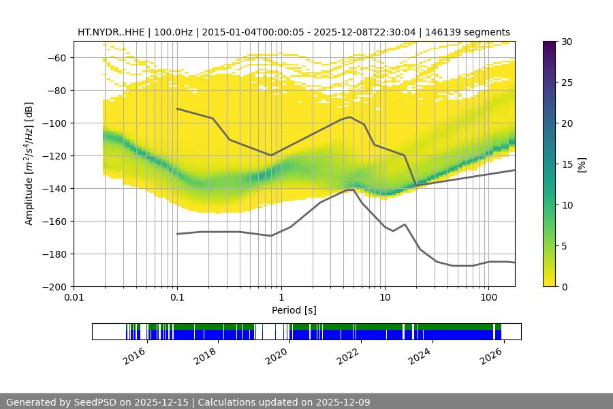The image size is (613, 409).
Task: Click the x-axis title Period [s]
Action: click(294, 310)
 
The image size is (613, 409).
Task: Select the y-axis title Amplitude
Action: click(29, 164)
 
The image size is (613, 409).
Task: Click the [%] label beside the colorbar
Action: click(582, 164)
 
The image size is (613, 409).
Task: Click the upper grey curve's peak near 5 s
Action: click(350, 117)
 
